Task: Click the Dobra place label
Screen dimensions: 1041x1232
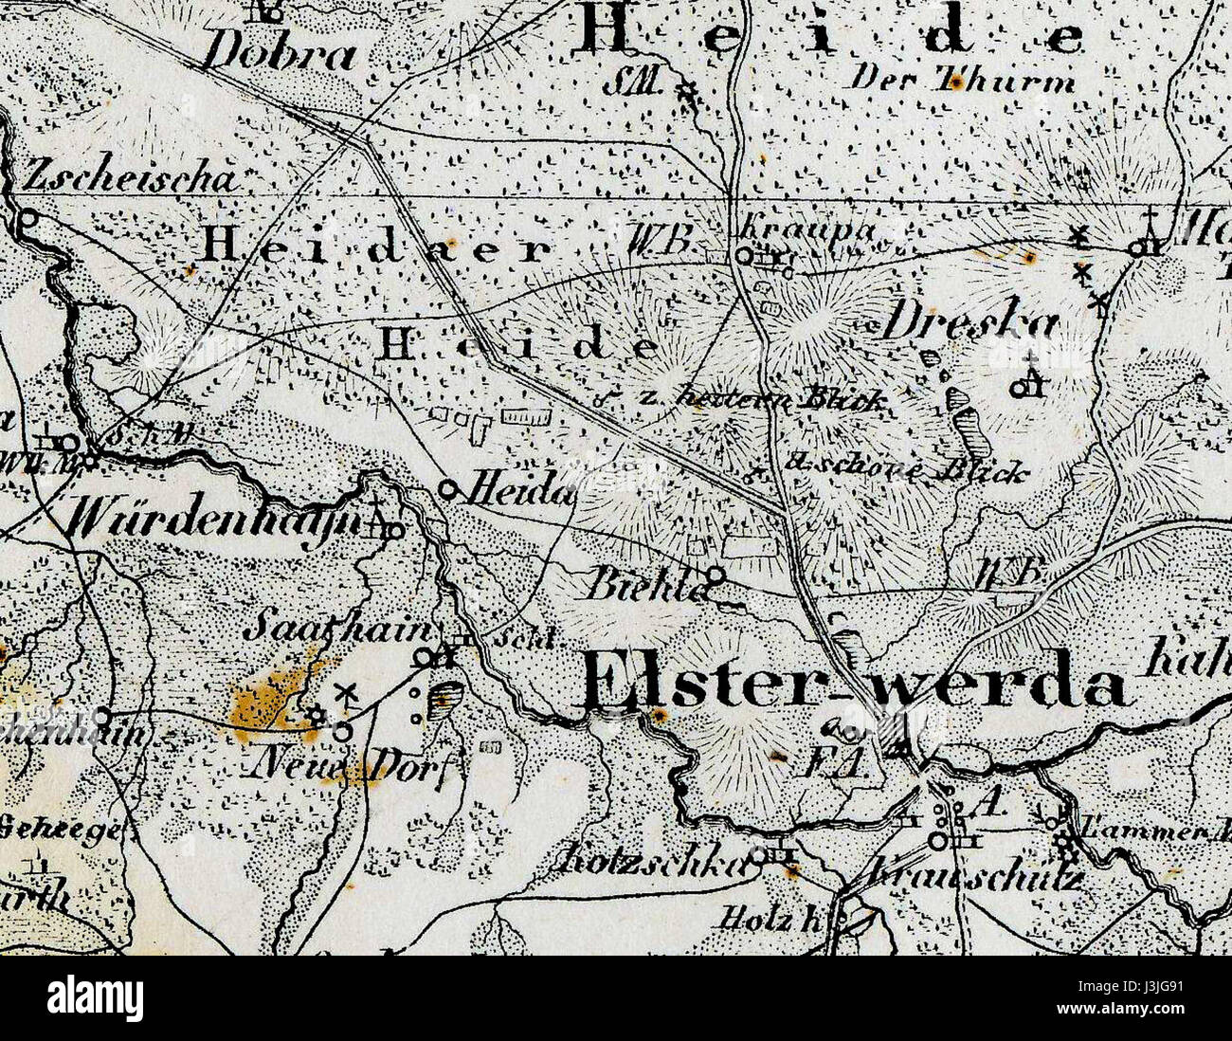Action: [x=281, y=53]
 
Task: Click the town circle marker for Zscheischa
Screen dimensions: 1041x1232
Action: [x=27, y=218]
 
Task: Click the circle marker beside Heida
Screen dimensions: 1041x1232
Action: [x=449, y=489]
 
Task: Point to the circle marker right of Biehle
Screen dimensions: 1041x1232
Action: [x=716, y=575]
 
